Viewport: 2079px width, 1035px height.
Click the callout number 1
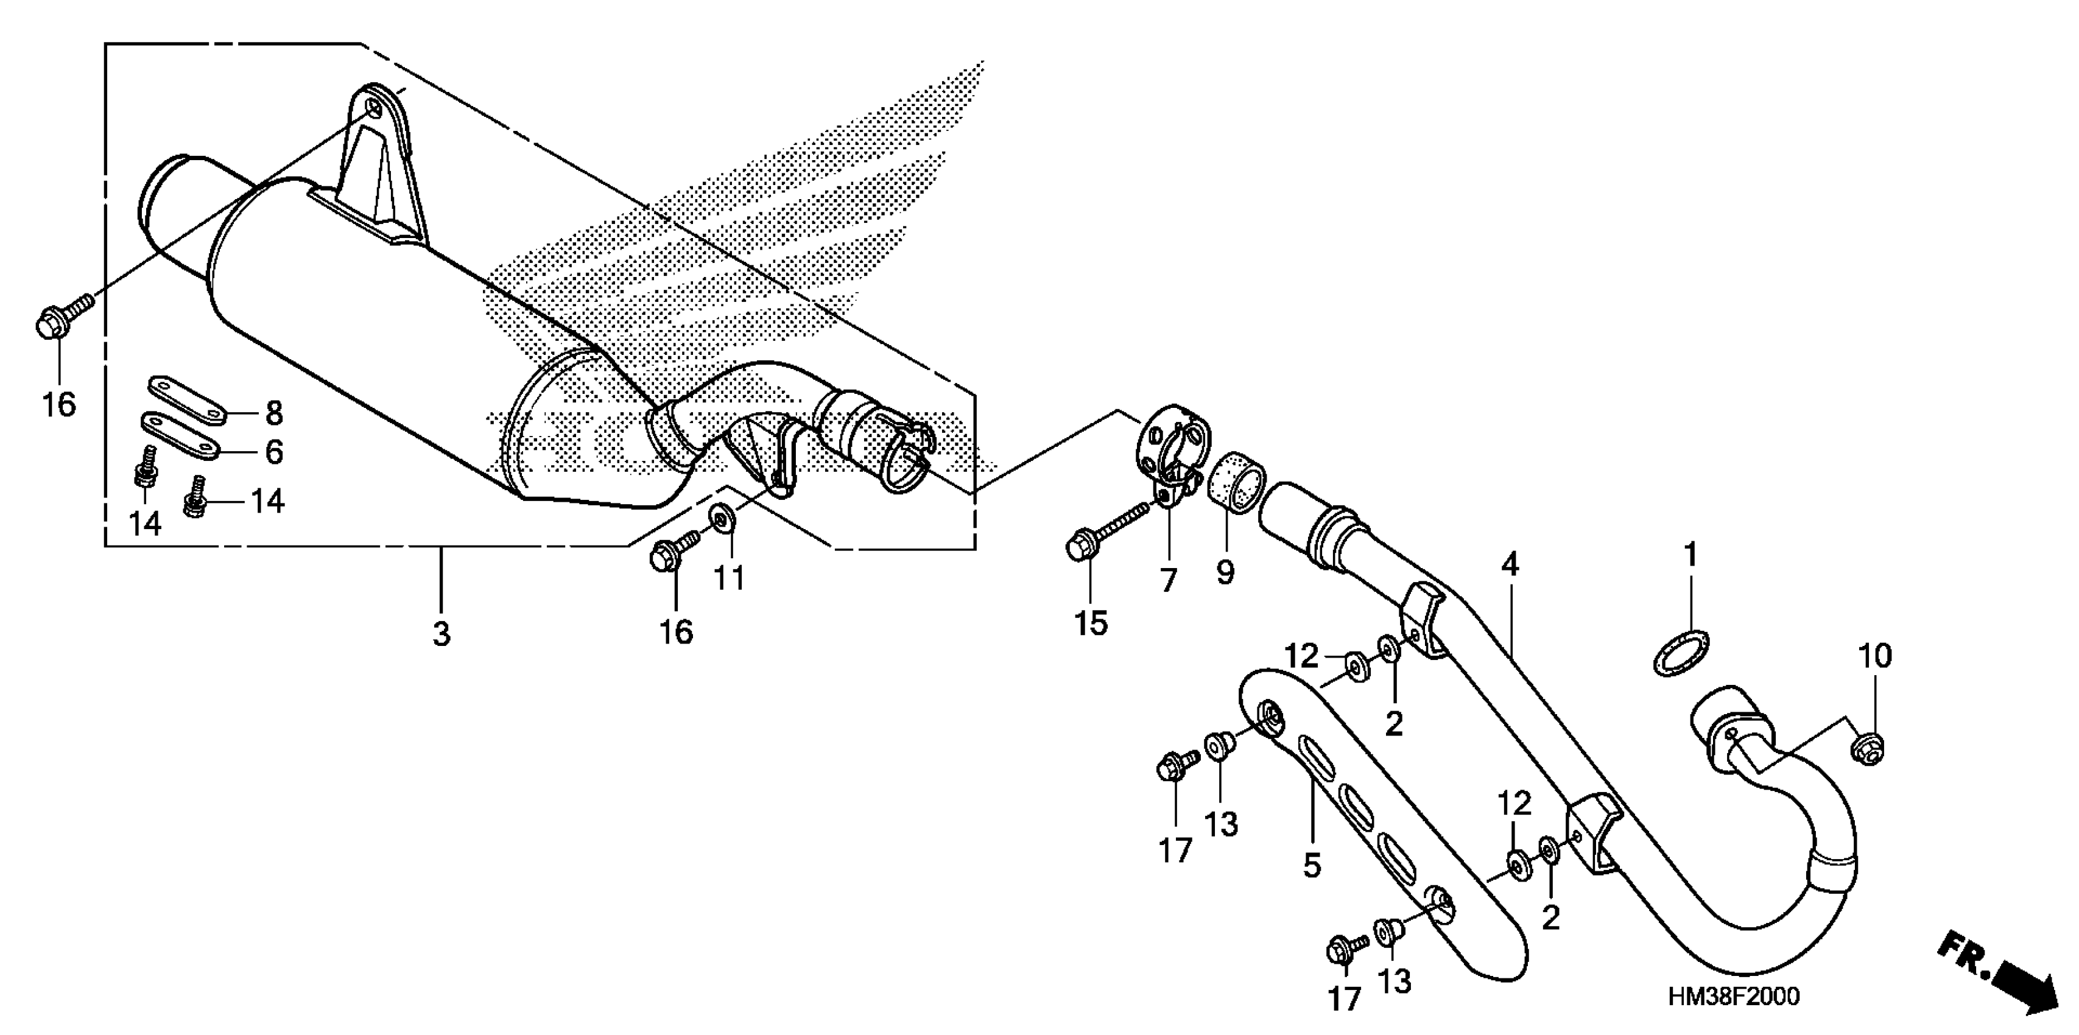pyautogui.click(x=1690, y=555)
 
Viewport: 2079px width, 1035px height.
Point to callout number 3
pyautogui.click(x=441, y=634)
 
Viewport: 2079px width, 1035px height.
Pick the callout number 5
pyautogui.click(x=1312, y=866)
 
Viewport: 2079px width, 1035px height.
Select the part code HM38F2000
pyautogui.click(x=1734, y=997)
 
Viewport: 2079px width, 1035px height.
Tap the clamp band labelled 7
pyautogui.click(x=1170, y=447)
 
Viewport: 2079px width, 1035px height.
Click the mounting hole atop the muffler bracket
pyautogui.click(x=373, y=110)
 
